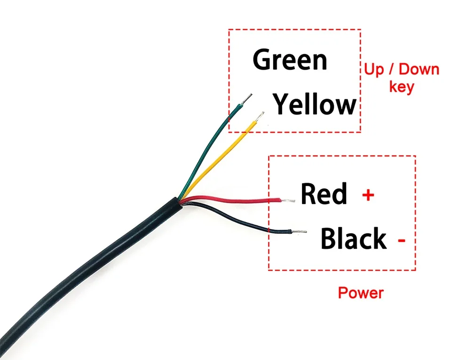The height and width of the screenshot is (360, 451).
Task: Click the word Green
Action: coord(290,60)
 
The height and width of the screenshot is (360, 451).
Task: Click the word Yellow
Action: coord(315,104)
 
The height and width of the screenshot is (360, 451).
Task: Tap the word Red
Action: coord(324,193)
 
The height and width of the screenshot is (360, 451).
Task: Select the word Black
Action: coord(353,239)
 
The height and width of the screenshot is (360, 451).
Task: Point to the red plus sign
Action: coord(368,194)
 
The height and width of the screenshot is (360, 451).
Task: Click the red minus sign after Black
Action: coord(402,240)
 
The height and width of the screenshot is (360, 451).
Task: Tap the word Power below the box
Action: coord(361,293)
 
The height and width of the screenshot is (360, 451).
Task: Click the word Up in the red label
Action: coord(373,70)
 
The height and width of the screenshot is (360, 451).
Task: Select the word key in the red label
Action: coord(401,87)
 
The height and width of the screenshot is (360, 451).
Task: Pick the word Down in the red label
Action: coord(419,70)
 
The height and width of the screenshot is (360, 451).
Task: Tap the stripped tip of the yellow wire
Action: coord(260,117)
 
